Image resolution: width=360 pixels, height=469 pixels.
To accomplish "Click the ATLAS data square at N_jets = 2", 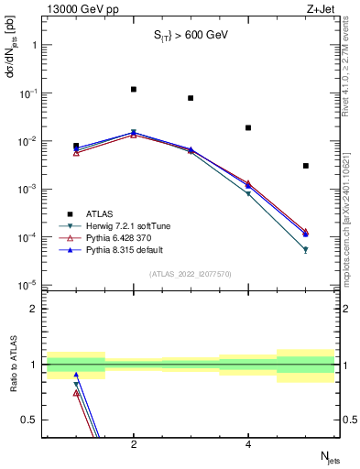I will click(x=134, y=90).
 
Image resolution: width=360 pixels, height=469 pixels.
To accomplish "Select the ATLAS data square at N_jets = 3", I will click(x=191, y=98).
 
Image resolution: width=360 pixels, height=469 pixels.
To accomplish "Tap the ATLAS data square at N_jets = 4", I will click(x=248, y=128).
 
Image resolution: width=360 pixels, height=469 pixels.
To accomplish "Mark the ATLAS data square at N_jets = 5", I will click(x=305, y=166).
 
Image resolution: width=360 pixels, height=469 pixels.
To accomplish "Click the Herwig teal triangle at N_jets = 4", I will click(x=248, y=194).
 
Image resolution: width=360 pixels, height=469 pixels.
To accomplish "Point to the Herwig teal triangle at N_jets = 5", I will click(x=305, y=249).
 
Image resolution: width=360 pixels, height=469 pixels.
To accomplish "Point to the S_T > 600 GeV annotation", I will click(x=190, y=36).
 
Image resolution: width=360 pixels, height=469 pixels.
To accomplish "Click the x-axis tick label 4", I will click(x=248, y=445).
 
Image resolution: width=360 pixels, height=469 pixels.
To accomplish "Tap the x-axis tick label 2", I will click(x=134, y=445).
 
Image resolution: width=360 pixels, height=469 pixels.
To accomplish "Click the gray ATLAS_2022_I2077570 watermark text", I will click(x=190, y=273).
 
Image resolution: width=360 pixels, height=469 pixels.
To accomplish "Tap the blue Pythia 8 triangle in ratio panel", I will click(x=76, y=375).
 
